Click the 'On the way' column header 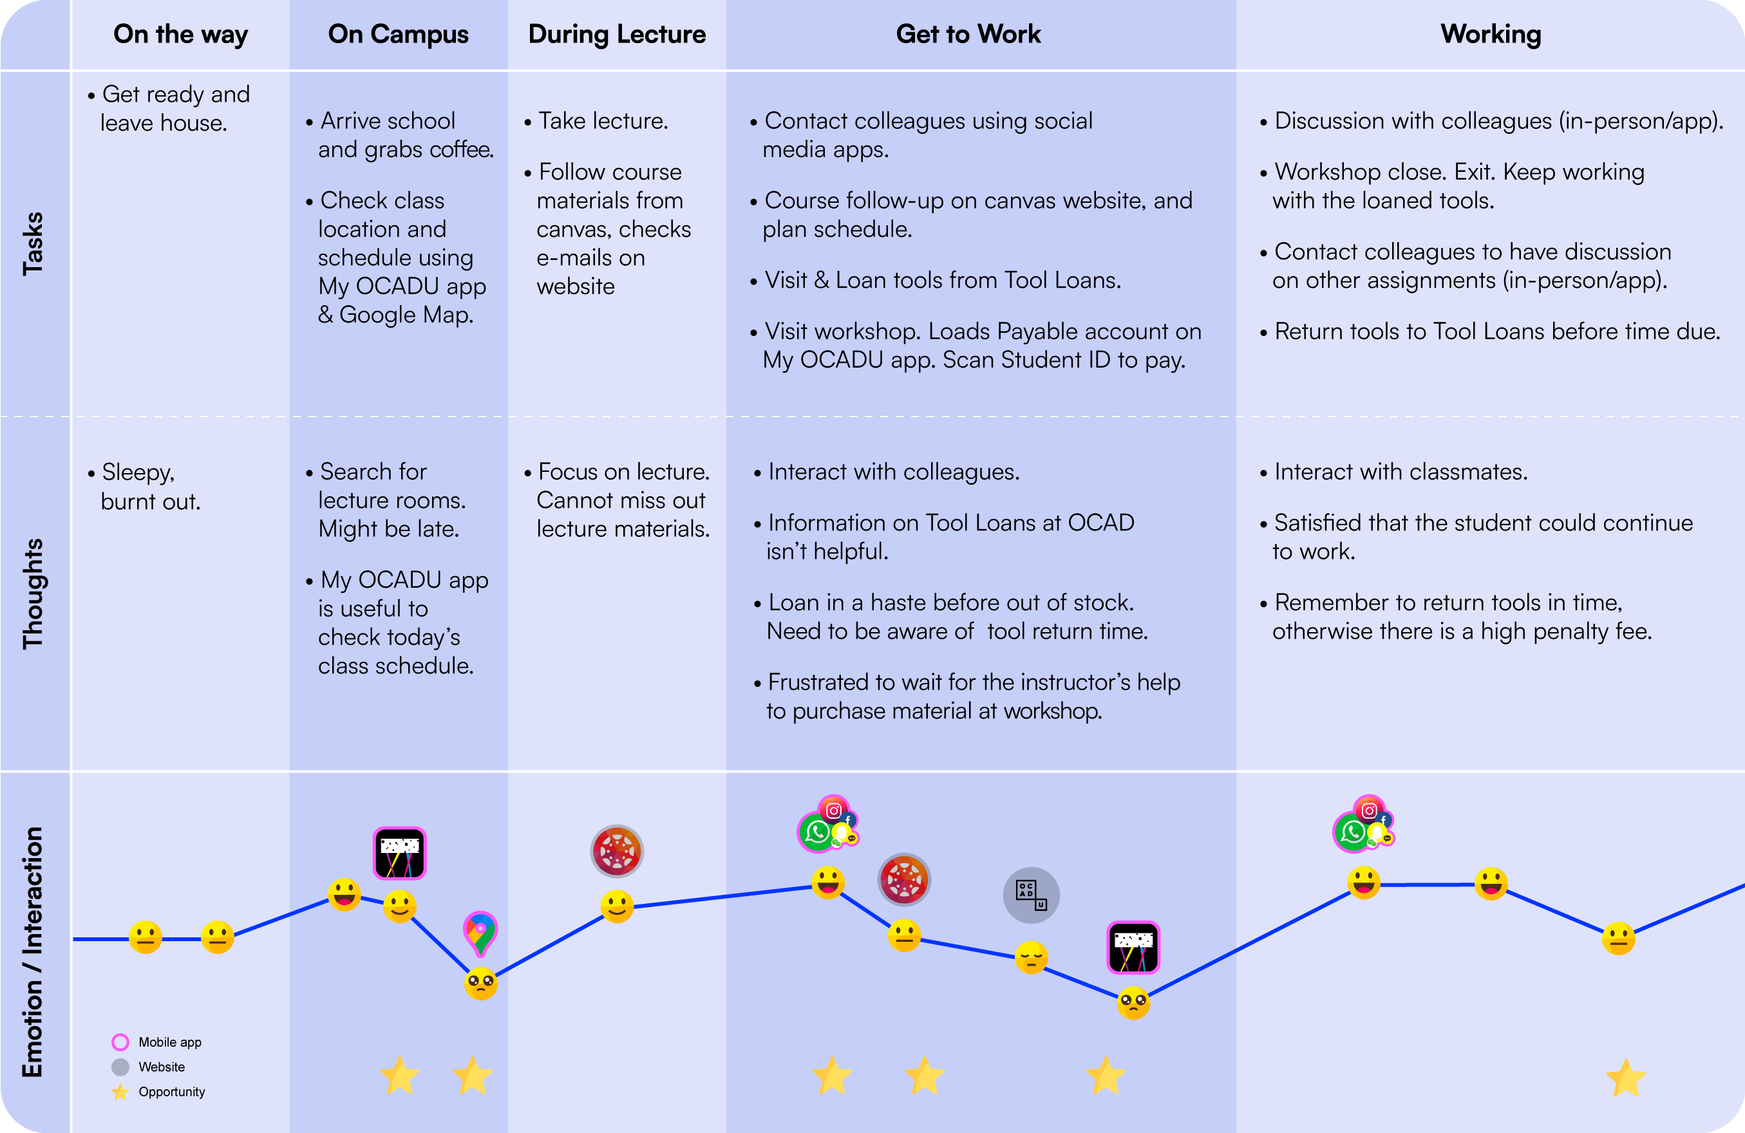point(180,35)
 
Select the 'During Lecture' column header point(617,35)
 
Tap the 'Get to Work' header point(968,35)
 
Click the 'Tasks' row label point(33,243)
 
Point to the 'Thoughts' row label point(33,594)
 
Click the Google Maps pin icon point(480,933)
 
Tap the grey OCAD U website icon point(1031,895)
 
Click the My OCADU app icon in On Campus point(400,853)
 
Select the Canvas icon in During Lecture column point(617,851)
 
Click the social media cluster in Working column point(1363,825)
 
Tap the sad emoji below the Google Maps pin point(481,984)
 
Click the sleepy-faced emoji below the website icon point(1031,957)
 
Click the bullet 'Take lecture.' point(603,121)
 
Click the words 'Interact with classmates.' point(1401,472)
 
